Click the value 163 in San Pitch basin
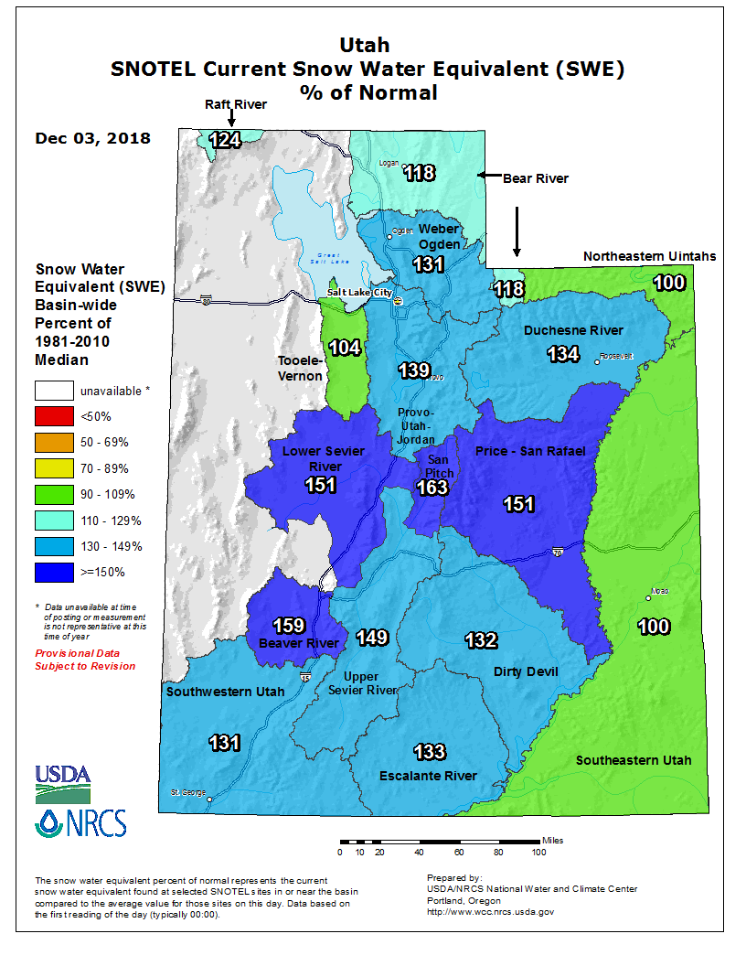(x=432, y=488)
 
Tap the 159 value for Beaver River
(x=289, y=627)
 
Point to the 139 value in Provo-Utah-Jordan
(x=414, y=370)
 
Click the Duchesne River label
(x=573, y=330)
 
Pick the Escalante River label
(x=428, y=776)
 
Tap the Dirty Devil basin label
(x=525, y=672)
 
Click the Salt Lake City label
(x=359, y=293)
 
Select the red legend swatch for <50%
(x=54, y=416)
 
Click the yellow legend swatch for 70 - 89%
(x=54, y=468)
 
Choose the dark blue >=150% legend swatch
(x=54, y=573)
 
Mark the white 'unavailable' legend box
(x=54, y=391)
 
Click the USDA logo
(x=64, y=777)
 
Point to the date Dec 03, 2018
(x=93, y=138)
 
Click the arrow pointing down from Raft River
(x=231, y=120)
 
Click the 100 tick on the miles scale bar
(x=538, y=853)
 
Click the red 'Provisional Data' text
(x=77, y=653)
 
